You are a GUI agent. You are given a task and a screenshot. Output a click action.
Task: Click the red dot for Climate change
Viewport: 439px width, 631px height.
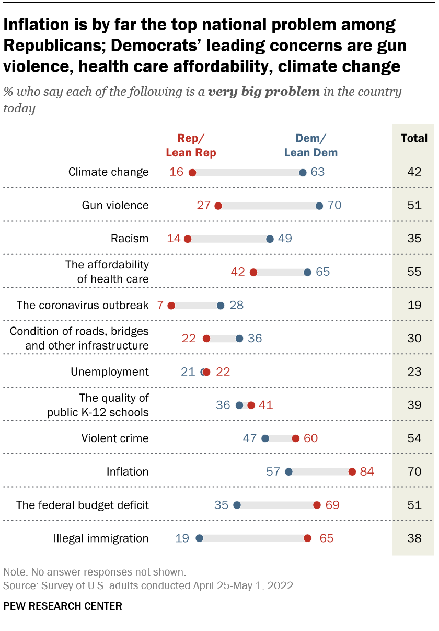point(192,173)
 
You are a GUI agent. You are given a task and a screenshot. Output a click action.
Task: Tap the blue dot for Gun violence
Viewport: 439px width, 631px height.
point(319,206)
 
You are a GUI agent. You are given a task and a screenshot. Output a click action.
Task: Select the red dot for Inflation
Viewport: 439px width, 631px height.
point(352,472)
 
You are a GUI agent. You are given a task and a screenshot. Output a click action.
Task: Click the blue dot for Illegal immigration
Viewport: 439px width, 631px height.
point(199,538)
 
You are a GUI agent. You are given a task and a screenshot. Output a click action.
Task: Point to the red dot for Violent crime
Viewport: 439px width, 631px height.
point(296,438)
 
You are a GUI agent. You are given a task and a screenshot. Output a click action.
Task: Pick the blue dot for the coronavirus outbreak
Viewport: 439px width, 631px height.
point(221,306)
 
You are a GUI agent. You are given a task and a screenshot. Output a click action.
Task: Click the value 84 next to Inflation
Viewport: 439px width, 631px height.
point(367,472)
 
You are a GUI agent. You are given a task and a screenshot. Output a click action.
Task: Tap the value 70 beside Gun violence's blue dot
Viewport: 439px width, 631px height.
point(334,206)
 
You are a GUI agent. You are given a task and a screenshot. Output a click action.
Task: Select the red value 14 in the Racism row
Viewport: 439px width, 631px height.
point(174,239)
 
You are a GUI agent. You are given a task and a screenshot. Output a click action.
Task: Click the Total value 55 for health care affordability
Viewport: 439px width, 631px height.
point(414,272)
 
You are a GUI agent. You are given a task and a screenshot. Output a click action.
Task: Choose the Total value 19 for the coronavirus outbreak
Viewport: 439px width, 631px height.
point(414,306)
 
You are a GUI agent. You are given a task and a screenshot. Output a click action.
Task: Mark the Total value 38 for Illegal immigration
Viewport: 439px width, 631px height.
point(414,538)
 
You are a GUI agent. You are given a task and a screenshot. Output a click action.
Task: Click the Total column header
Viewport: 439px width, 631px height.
point(414,139)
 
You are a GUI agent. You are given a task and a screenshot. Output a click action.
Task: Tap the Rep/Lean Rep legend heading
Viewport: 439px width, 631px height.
point(191,145)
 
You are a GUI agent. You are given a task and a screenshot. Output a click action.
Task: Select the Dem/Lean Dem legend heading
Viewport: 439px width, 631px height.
point(310,145)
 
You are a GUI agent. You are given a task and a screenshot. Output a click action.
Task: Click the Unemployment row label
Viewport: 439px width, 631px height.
point(110,372)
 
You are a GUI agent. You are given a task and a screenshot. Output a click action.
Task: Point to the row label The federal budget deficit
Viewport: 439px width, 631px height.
point(83,505)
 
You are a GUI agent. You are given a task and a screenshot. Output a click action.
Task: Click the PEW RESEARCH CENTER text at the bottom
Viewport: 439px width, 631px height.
point(63,606)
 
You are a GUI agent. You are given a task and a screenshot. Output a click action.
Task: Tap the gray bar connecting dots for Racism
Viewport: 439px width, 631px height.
point(229,239)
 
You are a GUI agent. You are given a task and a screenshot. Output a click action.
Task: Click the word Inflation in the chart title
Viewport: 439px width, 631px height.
point(38,25)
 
